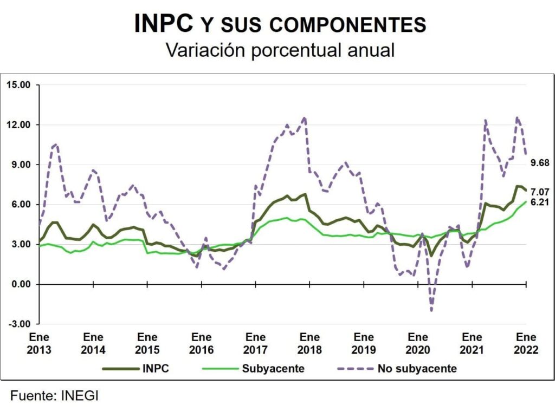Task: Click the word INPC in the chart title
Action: pos(164,23)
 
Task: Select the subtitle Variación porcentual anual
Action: pos(280,50)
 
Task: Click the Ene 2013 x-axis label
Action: pos(39,343)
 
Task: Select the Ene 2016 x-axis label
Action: pos(202,343)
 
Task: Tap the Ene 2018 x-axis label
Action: pos(309,343)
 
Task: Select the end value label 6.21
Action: pos(540,202)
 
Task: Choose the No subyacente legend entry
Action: pos(417,369)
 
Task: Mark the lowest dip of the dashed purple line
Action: pos(431,311)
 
